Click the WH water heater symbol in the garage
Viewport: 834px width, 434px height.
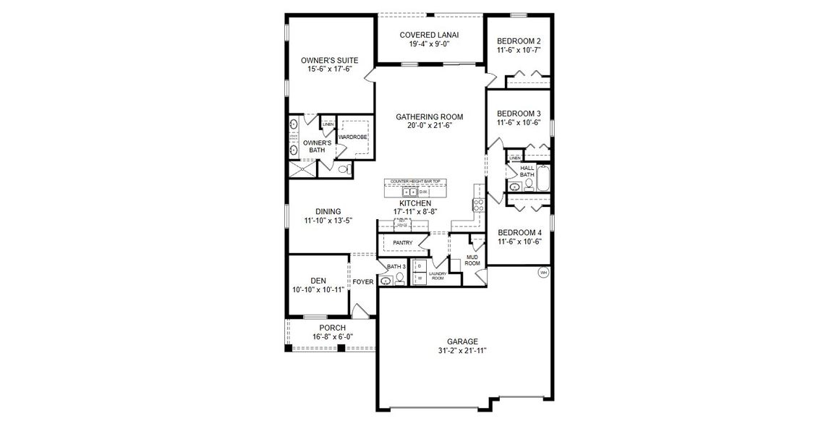coord(543,273)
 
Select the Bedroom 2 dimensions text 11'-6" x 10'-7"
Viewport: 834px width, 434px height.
coord(519,51)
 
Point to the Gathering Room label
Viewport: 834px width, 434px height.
coord(429,116)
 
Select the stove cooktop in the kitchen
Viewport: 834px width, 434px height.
coord(477,204)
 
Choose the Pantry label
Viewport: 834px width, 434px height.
coord(403,242)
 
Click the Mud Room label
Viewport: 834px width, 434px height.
coord(472,260)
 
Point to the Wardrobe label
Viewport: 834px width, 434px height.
coord(354,137)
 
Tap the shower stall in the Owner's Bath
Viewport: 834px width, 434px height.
coord(303,170)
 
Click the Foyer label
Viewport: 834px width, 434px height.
coord(363,281)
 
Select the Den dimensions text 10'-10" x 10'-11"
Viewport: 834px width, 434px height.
coord(318,289)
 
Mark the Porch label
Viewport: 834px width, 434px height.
coord(332,328)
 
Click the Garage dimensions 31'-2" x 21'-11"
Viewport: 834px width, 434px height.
coord(462,351)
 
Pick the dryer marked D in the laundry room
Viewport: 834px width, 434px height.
coord(420,267)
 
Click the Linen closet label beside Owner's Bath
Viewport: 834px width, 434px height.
coord(328,124)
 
